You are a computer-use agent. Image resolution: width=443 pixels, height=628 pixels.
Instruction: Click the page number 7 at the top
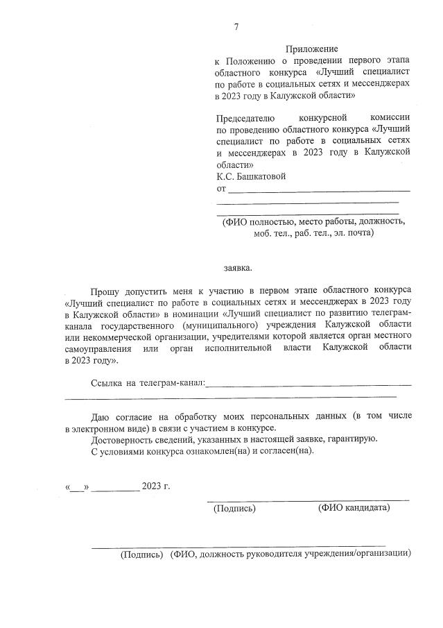click(236, 27)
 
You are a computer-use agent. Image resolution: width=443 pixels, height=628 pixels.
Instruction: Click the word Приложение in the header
click(311, 49)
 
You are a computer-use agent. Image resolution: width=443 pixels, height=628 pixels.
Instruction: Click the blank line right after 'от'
click(319, 189)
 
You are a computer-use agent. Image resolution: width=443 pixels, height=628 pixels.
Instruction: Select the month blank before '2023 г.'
click(115, 486)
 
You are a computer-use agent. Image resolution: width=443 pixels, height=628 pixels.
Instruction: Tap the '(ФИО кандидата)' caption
click(354, 509)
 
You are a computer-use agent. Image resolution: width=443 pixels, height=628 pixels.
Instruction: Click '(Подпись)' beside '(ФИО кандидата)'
click(234, 509)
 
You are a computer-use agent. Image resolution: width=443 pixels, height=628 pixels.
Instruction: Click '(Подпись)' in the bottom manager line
click(141, 554)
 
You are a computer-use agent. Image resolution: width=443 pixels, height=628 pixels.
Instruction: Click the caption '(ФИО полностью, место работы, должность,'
click(313, 222)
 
